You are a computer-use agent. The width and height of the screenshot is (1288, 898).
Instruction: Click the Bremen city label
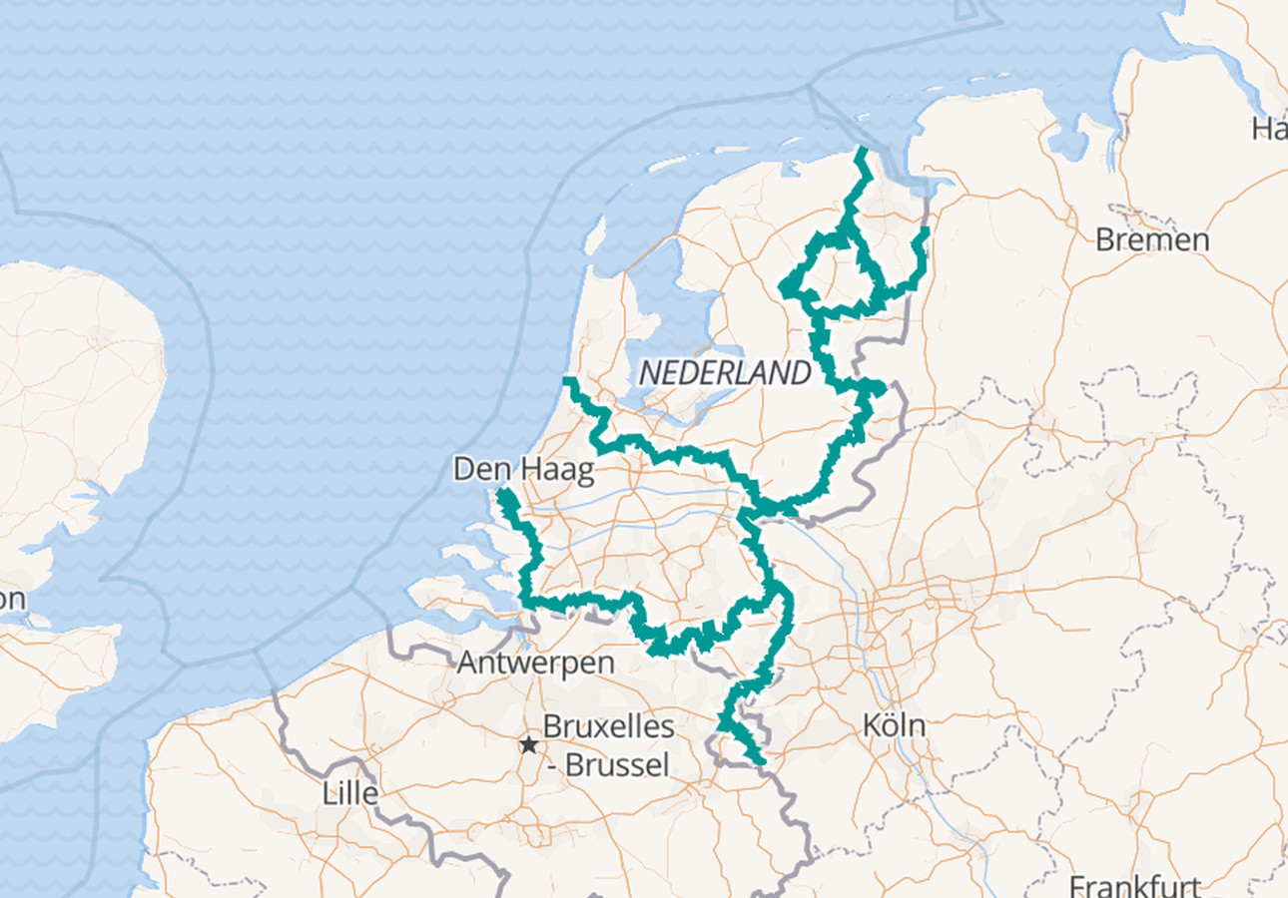(1152, 239)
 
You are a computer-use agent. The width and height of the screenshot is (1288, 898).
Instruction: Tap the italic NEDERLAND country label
(725, 373)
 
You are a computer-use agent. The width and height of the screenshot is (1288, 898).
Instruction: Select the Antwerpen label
(535, 663)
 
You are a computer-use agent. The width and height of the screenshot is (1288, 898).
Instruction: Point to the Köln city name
(894, 725)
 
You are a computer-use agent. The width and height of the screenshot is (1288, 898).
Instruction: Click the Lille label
(350, 794)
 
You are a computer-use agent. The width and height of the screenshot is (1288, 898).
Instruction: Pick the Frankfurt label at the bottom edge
(1134, 885)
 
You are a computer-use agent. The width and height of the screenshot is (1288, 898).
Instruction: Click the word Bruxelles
(608, 726)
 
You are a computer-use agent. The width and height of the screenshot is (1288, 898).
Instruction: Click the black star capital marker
(528, 745)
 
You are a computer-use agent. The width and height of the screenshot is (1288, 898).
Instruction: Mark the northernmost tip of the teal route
(861, 150)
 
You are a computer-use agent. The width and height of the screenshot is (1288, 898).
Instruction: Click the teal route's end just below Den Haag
(502, 493)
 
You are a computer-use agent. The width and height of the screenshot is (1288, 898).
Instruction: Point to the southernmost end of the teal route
(762, 762)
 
